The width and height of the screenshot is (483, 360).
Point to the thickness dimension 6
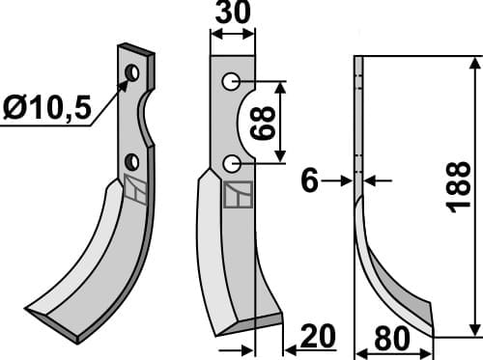coord(309,180)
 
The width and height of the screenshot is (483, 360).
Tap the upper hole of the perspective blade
coord(132,73)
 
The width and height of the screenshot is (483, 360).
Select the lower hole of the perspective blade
coord(131,160)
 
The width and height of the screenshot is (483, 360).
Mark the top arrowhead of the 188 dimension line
coord(473,64)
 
